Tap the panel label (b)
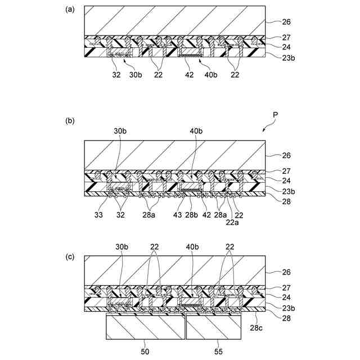[x=70, y=120]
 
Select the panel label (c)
[x=70, y=256]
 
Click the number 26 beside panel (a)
[x=286, y=23]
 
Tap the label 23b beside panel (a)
[x=289, y=57]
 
